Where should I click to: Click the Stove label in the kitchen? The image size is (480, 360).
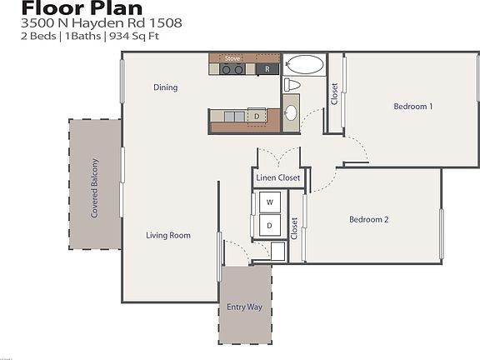click(232, 59)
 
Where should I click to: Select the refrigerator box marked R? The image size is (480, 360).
click(267, 68)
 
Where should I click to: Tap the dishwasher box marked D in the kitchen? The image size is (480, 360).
click(257, 116)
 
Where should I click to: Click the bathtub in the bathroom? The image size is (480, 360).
click(304, 65)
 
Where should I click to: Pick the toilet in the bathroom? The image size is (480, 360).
click(292, 85)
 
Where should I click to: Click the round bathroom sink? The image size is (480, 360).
click(291, 112)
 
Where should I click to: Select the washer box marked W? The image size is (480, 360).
click(270, 202)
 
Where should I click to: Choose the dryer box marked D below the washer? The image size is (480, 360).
click(270, 225)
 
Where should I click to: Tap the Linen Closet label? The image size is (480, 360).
click(278, 177)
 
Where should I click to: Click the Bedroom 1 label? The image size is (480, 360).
click(413, 107)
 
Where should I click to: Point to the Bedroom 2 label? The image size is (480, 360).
click(369, 220)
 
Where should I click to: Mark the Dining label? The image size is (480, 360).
click(165, 87)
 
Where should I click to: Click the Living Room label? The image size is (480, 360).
click(168, 236)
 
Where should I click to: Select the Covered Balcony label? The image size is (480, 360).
click(95, 188)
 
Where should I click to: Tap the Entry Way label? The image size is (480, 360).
click(244, 307)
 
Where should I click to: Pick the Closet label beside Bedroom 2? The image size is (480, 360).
click(294, 228)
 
